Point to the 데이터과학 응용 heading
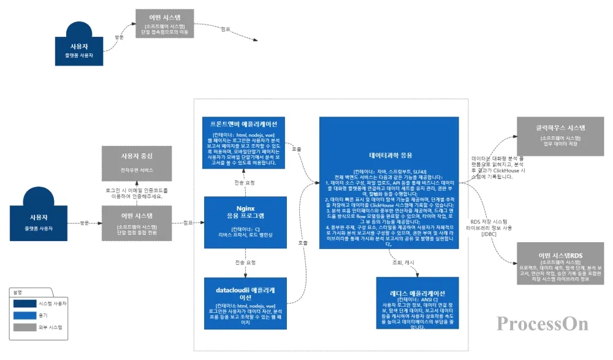pyautogui.click(x=389, y=155)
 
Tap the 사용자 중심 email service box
pyautogui.click(x=137, y=162)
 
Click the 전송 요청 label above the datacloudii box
pyautogui.click(x=245, y=262)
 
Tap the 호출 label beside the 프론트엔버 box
pyautogui.click(x=296, y=149)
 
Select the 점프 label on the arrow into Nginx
pyautogui.click(x=189, y=223)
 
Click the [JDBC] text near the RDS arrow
pyautogui.click(x=489, y=234)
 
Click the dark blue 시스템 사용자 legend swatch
pyautogui.click(x=25, y=304)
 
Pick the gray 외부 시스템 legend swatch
pyautogui.click(x=25, y=327)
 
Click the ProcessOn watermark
pyautogui.click(x=543, y=323)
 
